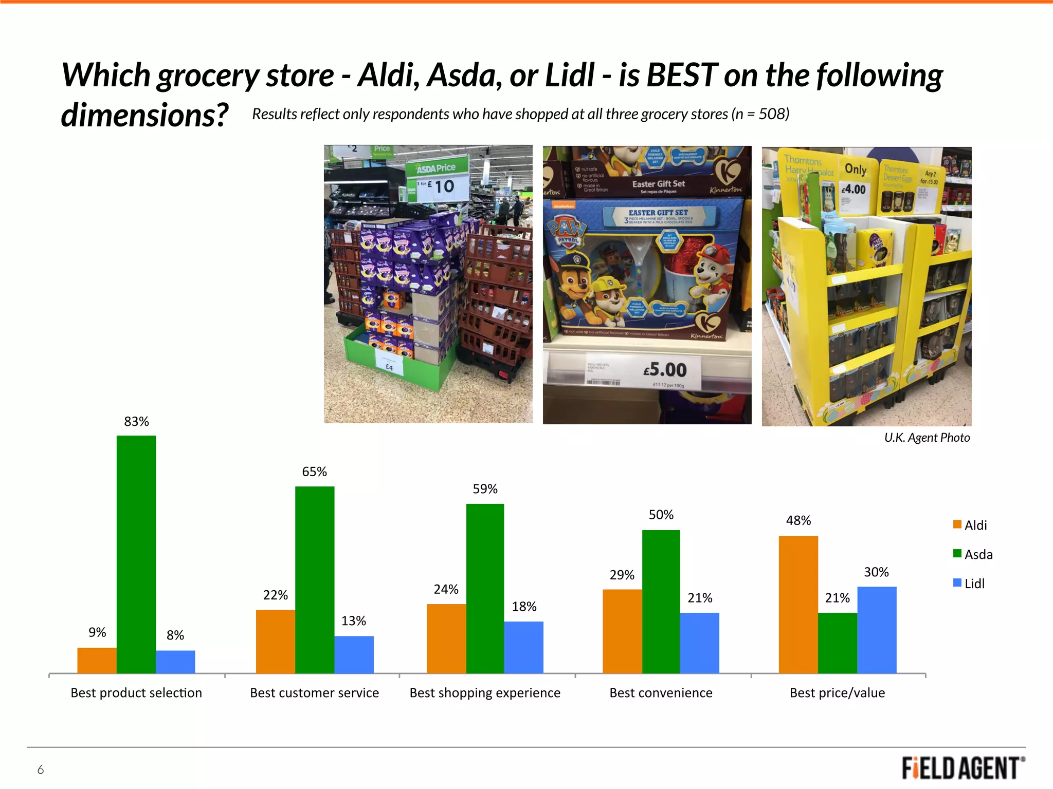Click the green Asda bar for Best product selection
click(x=136, y=554)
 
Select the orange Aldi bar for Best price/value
click(x=798, y=604)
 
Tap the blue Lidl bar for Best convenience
click(x=699, y=643)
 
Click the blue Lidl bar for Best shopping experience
click(x=523, y=647)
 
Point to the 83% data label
click(x=136, y=422)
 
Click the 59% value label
click(x=485, y=489)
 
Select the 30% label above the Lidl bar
click(x=876, y=572)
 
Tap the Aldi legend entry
click(x=970, y=525)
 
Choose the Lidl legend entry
click(x=969, y=584)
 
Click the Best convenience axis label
click(x=661, y=693)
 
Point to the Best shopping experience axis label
click(x=485, y=693)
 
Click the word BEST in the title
click(x=682, y=75)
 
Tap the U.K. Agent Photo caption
click(x=927, y=438)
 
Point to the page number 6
click(x=41, y=769)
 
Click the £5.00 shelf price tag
click(x=664, y=370)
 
